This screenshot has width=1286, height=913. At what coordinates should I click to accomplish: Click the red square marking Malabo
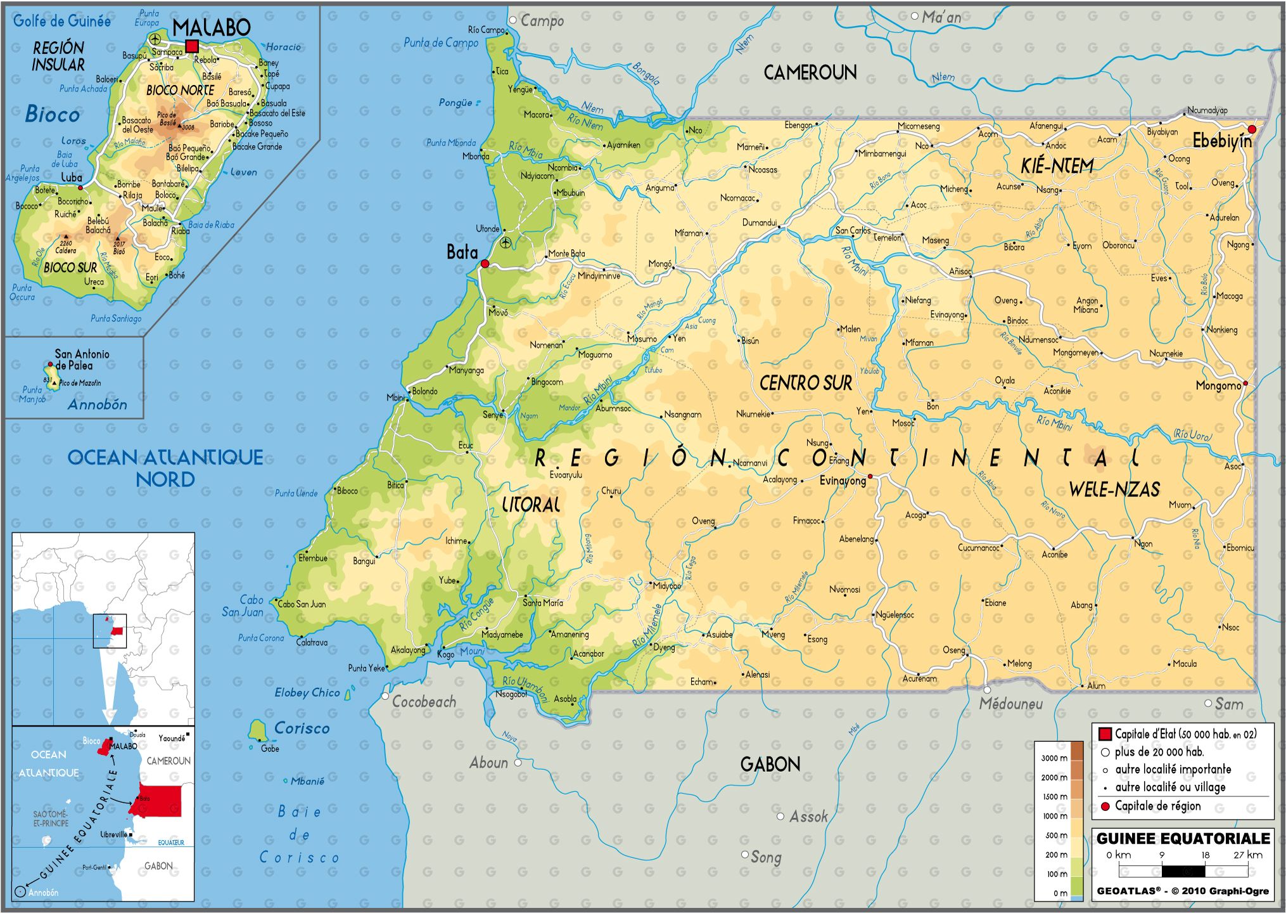192,46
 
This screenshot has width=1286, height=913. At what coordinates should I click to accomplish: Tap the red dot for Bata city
485,264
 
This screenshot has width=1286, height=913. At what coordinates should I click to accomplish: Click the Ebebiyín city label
1221,141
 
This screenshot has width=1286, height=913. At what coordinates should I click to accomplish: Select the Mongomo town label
1218,385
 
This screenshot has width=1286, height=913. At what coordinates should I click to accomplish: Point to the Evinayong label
842,481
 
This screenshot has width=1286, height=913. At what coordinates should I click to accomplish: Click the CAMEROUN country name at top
810,73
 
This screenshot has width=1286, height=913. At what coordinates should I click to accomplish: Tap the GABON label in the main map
770,764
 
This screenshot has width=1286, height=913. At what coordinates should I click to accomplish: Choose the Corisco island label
302,728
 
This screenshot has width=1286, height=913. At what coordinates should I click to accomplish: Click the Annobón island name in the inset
98,405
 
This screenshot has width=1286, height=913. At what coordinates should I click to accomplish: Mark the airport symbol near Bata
505,242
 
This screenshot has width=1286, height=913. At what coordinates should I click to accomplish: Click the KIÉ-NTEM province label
1057,166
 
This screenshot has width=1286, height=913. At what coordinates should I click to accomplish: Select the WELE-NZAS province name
1114,489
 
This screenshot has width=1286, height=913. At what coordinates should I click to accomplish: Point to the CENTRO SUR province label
805,383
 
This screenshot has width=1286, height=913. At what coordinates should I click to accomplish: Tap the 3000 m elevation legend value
1054,758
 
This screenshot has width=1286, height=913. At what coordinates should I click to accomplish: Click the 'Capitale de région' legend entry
1157,806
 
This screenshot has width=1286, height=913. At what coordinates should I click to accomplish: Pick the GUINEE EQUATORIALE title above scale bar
1183,838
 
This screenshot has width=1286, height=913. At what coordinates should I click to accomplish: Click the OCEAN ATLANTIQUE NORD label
165,468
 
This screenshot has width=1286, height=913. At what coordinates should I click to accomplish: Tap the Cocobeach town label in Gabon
423,701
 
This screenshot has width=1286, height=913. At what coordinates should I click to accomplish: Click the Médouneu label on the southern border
1010,704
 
